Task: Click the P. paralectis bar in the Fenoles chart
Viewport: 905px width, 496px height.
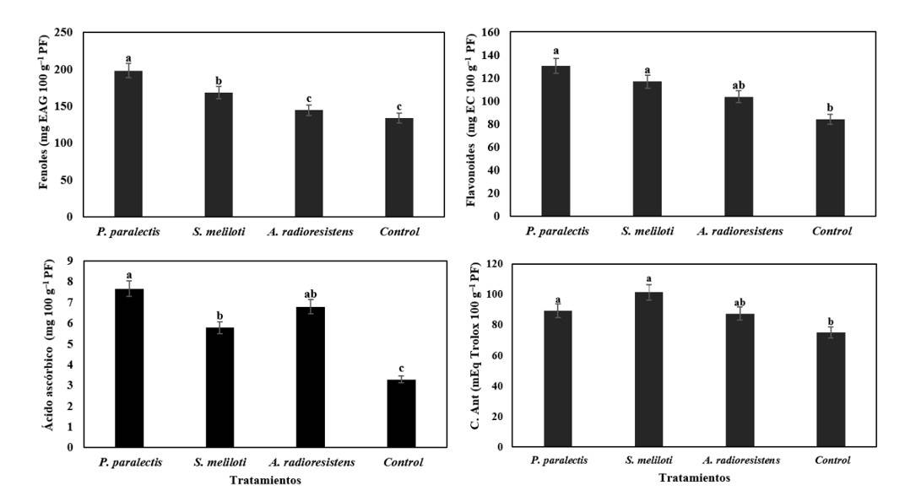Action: (128, 143)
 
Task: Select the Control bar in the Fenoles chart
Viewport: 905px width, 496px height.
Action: (399, 167)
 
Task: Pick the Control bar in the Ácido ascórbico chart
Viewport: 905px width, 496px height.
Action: (401, 413)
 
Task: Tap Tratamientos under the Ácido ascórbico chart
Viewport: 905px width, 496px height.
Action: (265, 480)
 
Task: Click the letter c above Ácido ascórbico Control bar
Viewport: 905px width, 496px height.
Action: (401, 368)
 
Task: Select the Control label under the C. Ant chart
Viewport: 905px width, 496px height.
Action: (832, 461)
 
